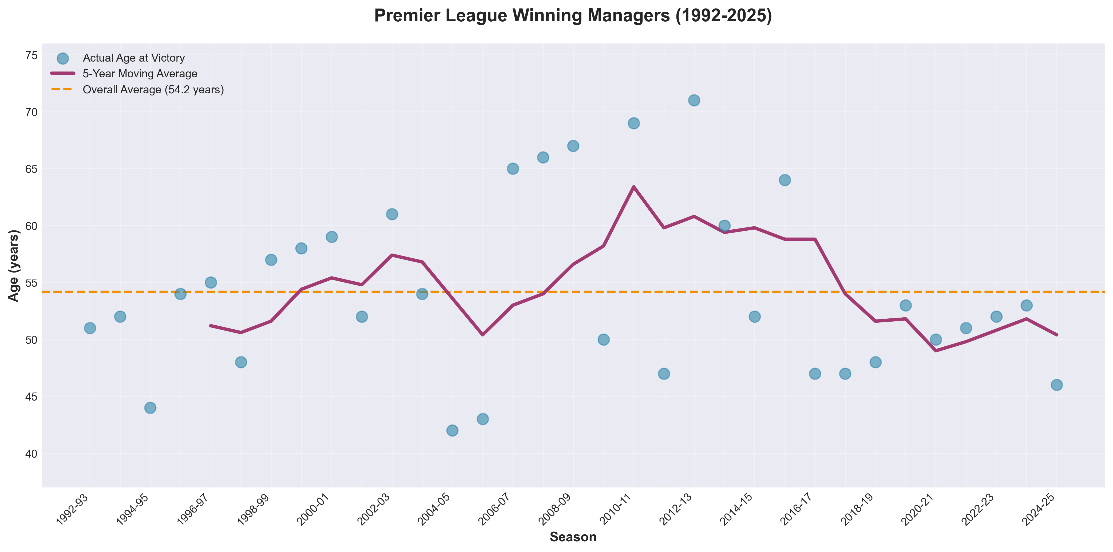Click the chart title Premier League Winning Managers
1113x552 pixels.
[573, 15]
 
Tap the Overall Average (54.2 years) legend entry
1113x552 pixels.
[153, 90]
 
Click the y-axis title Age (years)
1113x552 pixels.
[14, 265]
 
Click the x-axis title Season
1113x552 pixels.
[573, 537]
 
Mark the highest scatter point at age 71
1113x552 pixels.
[694, 101]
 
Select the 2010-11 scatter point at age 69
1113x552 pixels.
[633, 123]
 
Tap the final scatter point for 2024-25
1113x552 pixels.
[1056, 385]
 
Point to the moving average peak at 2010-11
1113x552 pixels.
[633, 187]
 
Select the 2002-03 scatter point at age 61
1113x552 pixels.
[392, 214]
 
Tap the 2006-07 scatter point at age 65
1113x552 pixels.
[513, 169]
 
